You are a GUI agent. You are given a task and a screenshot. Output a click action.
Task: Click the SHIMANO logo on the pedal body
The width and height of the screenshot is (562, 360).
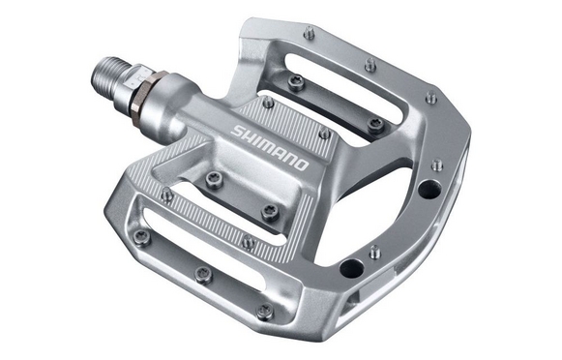click(x=270, y=145)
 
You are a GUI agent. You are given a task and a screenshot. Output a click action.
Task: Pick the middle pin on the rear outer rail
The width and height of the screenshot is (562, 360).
click(x=370, y=66)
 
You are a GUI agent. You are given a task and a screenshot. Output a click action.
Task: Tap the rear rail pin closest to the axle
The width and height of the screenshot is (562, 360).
click(x=310, y=34)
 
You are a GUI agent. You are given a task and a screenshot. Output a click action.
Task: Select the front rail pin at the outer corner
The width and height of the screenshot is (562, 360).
click(x=264, y=312)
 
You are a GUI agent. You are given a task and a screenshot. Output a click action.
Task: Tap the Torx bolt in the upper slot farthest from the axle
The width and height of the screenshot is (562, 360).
click(x=374, y=124)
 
